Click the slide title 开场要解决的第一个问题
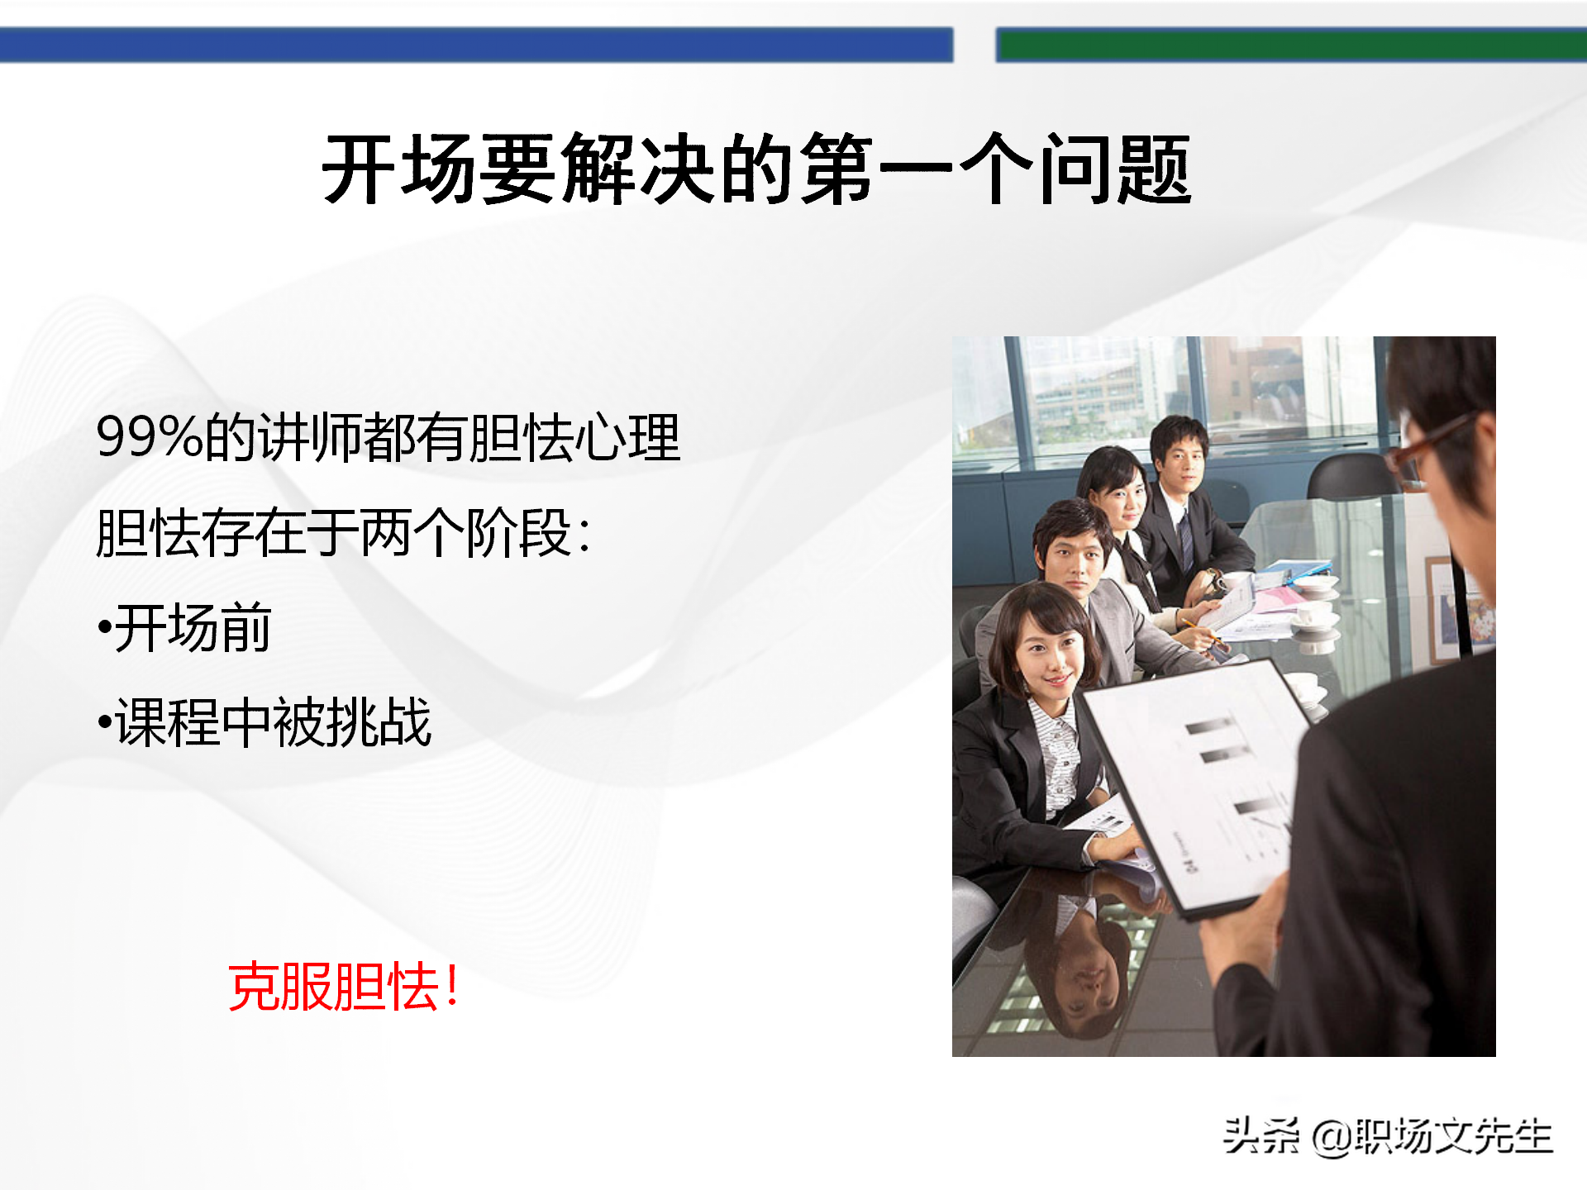pos(756,169)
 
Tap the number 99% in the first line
pos(150,437)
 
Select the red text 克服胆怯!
pos(344,987)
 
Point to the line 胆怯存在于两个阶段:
pos(343,533)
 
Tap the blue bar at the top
pos(476,45)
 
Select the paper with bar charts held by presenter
pos(1199,785)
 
